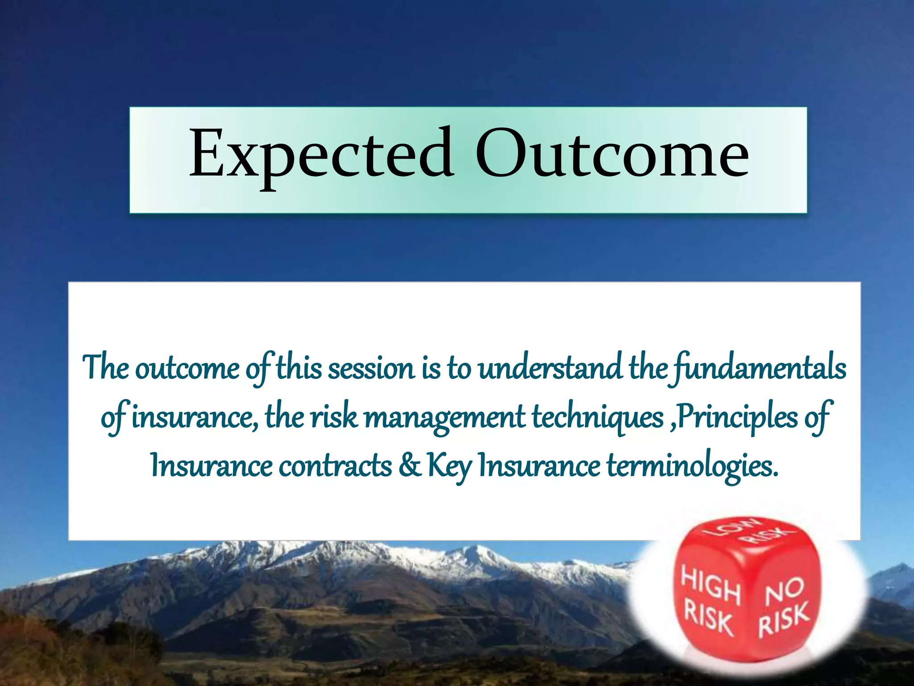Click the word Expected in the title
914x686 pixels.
320,154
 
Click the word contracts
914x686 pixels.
335,466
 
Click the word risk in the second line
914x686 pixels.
334,417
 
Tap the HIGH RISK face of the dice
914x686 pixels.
710,601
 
